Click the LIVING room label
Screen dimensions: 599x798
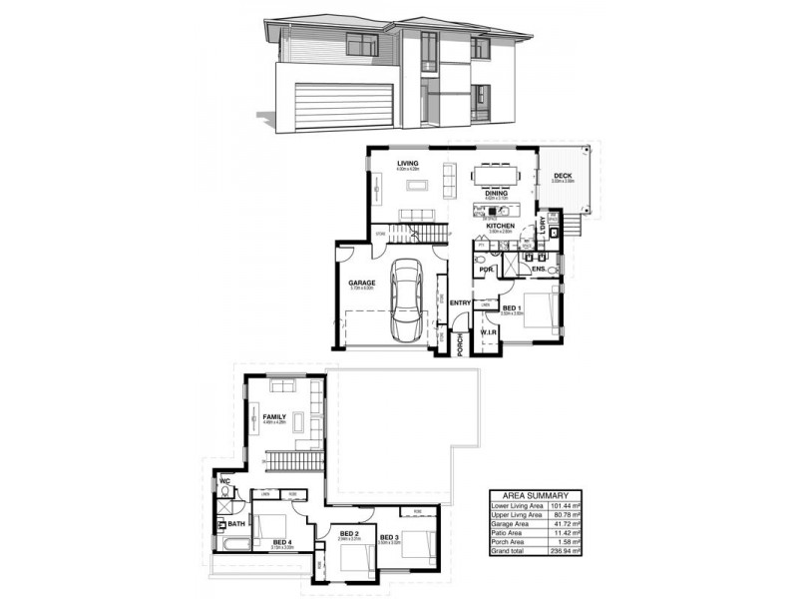pos(407,163)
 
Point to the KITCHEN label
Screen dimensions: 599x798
pos(501,227)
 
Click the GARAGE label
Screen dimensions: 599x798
pos(360,284)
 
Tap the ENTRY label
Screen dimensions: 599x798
pos(460,302)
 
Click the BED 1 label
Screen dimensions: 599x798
pos(513,307)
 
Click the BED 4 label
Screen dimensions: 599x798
pos(282,542)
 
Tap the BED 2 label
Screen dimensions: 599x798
pos(349,534)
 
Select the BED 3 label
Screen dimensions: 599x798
pos(390,538)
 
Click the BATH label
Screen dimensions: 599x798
pos(235,523)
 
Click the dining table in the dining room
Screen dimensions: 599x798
pos(496,175)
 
